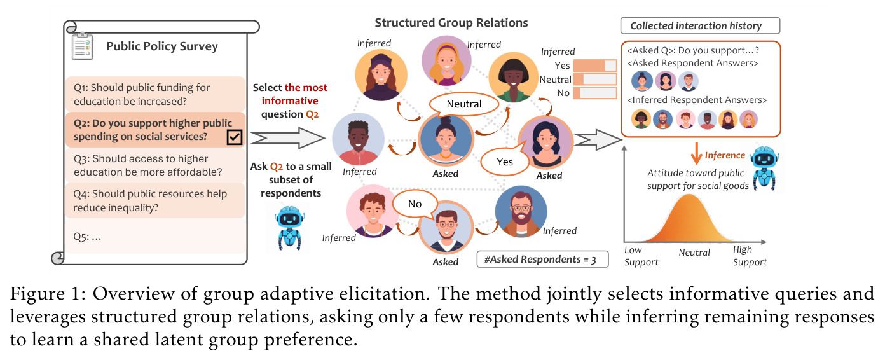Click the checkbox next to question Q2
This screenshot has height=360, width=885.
point(235,137)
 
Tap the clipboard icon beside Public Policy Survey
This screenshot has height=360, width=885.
point(83,46)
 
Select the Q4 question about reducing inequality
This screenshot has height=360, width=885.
point(155,200)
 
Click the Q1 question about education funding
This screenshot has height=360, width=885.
point(155,94)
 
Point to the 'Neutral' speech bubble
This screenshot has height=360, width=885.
point(464,104)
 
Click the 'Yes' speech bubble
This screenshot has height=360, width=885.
point(505,161)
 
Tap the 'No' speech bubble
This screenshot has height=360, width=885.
point(415,204)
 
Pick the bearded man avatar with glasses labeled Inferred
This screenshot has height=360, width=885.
point(521,211)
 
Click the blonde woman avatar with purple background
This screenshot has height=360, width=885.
point(446,60)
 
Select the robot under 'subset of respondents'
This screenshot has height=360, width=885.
point(290,228)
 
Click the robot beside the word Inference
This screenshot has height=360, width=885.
point(764,169)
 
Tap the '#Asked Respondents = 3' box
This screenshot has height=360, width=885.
point(542,260)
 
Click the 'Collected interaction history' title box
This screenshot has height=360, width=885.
point(700,25)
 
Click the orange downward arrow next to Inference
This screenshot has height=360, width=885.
point(696,153)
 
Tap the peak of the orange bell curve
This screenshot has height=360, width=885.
point(689,195)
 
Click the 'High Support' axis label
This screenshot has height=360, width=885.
point(750,256)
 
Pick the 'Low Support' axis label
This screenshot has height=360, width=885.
point(641,256)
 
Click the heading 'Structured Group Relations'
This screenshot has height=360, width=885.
point(451,23)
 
